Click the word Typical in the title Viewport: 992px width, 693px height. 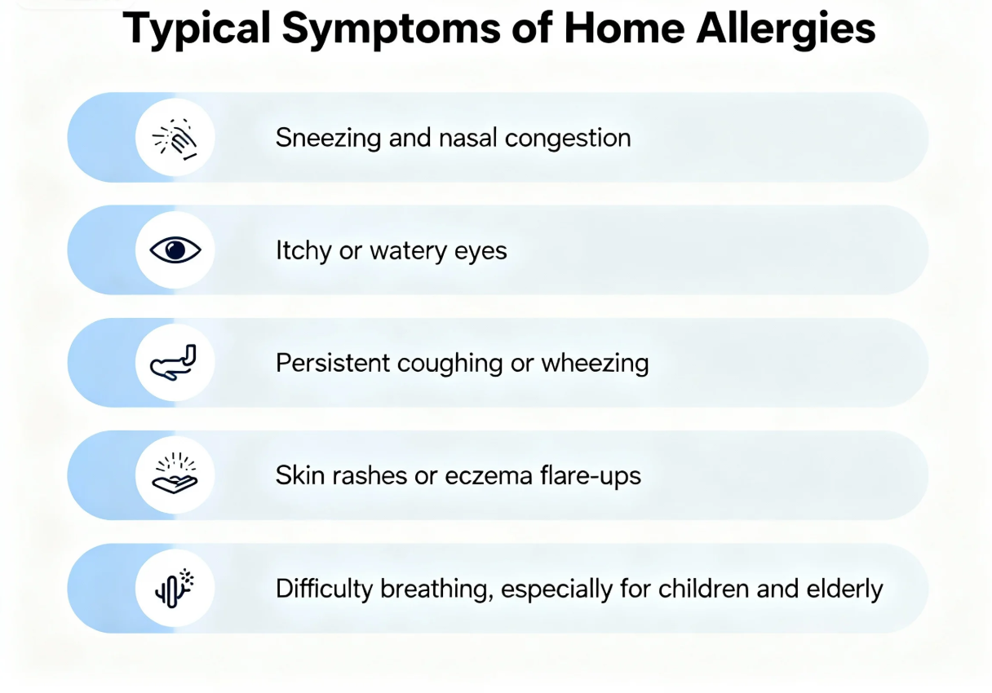point(198,30)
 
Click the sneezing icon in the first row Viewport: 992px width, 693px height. point(175,137)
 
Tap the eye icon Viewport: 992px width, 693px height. point(175,250)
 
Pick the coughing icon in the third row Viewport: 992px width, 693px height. point(175,363)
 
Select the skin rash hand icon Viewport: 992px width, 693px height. point(175,475)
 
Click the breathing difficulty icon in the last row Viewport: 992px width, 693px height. point(175,588)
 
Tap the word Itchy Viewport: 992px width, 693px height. point(303,250)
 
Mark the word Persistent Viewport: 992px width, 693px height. point(333,363)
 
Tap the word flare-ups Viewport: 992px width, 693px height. point(600,475)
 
